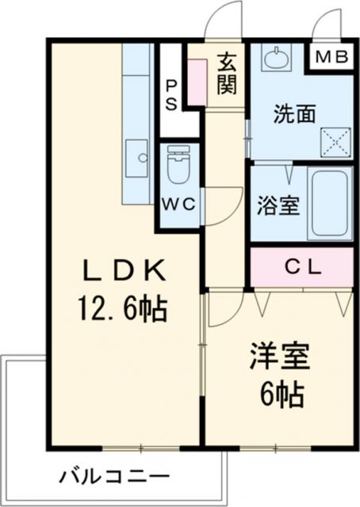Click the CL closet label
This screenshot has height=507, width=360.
pos(301,267)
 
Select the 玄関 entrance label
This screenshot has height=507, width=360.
pos(227,72)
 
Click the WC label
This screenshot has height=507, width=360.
pos(178,203)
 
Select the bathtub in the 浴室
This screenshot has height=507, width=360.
pos(330,201)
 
